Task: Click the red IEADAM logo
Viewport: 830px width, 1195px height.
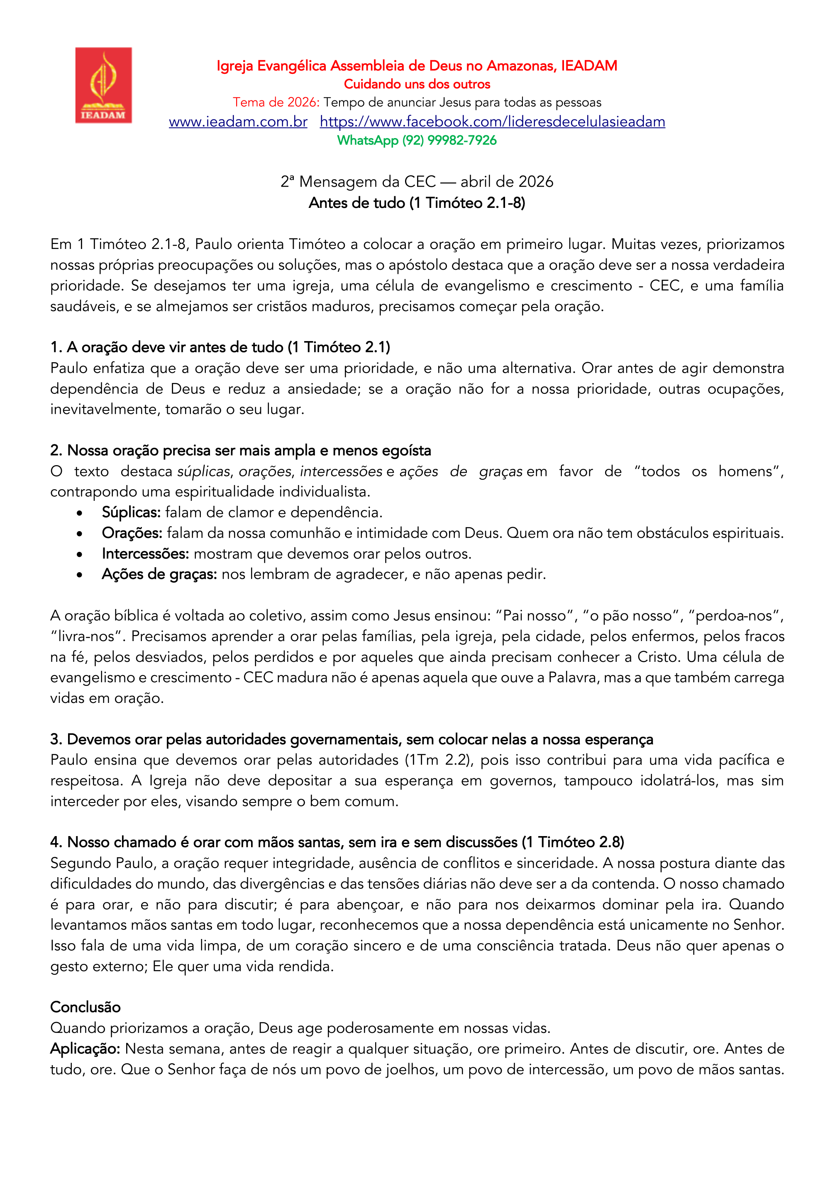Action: (103, 85)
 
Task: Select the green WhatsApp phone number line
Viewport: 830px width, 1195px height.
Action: (417, 140)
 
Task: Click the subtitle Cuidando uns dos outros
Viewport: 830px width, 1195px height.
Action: (417, 84)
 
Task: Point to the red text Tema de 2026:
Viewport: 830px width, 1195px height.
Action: (276, 102)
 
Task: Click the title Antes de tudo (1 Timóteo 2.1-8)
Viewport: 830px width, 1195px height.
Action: (417, 203)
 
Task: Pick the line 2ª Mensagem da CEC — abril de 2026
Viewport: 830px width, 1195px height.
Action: (417, 181)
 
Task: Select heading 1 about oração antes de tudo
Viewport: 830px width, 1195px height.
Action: (220, 347)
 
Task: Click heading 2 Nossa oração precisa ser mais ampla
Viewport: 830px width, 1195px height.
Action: (240, 450)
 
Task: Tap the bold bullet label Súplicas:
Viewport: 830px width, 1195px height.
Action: (131, 513)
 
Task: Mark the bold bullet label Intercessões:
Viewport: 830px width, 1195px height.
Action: (145, 554)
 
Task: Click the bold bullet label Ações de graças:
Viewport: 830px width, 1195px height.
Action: (159, 575)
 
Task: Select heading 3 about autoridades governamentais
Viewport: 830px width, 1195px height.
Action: (352, 739)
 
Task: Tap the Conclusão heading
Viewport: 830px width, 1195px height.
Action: (85, 1007)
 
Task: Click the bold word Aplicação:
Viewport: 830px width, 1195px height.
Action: (85, 1049)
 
